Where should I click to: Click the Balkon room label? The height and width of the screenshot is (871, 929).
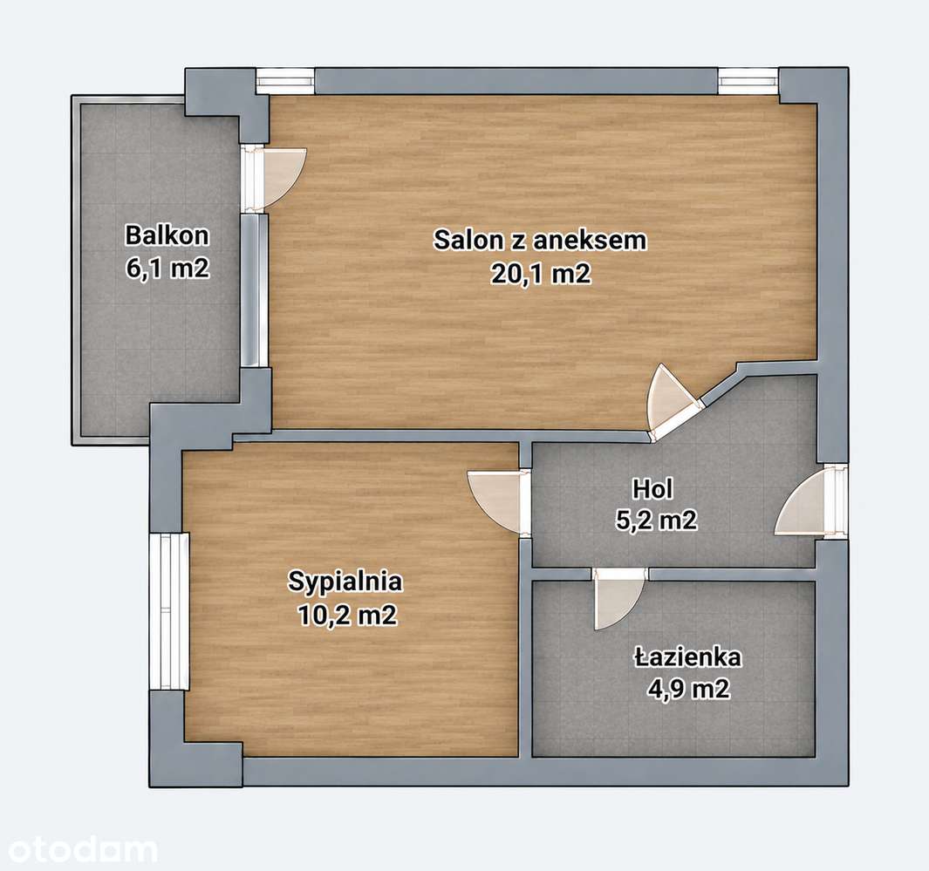[167, 235]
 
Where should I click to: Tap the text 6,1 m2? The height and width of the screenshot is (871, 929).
[167, 269]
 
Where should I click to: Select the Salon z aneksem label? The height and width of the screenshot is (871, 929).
[540, 241]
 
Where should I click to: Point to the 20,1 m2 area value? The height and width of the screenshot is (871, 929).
[540, 273]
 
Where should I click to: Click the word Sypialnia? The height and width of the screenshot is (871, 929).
[345, 582]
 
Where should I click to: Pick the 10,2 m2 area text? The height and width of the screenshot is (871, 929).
[347, 616]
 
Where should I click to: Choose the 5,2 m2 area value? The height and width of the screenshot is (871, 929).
[657, 521]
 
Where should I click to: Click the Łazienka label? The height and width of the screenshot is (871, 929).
[688, 657]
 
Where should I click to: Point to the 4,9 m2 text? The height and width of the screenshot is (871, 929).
[688, 689]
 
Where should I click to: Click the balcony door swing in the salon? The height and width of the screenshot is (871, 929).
[282, 178]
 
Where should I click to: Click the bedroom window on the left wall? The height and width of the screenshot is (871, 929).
[169, 610]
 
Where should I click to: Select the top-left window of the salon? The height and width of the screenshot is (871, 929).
[285, 80]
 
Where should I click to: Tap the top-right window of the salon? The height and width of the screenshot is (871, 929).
[748, 80]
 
